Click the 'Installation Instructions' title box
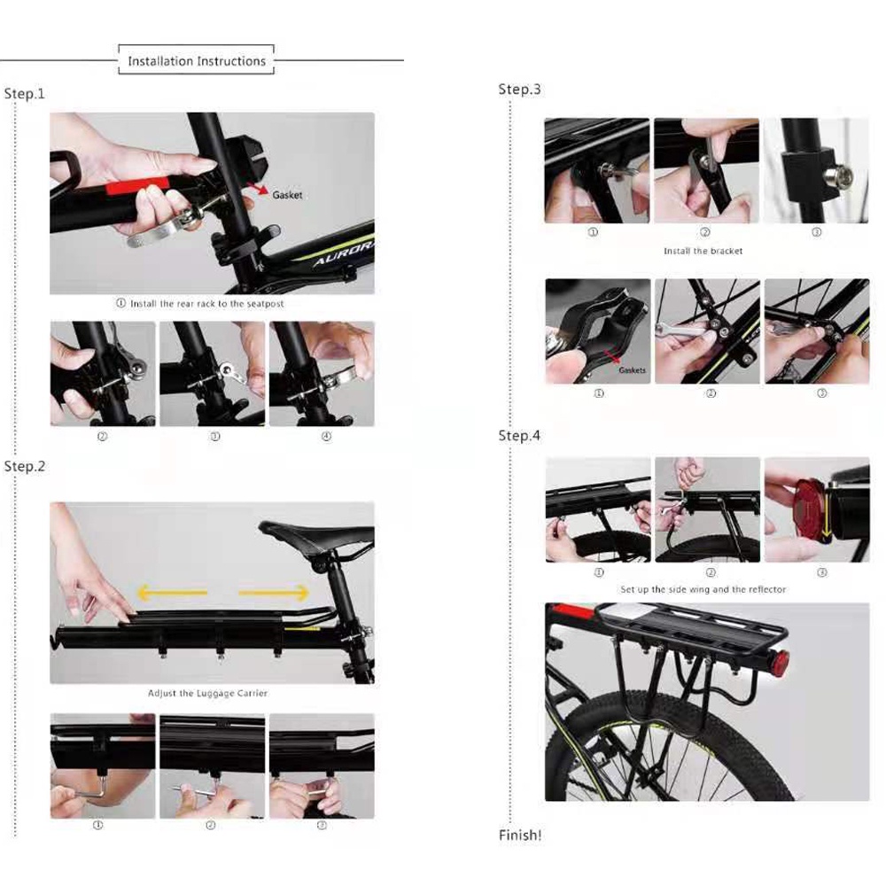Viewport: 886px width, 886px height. pyautogui.click(x=196, y=59)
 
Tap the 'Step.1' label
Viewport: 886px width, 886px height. pyautogui.click(x=24, y=94)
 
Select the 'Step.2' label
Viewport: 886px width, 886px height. pyautogui.click(x=24, y=466)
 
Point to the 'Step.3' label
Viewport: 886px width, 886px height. pyautogui.click(x=519, y=89)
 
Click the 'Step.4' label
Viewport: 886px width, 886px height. pyautogui.click(x=519, y=436)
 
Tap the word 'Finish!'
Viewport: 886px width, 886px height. pyautogui.click(x=520, y=835)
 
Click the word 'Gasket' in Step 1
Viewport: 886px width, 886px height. pyautogui.click(x=287, y=195)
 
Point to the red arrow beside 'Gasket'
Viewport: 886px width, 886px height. pyautogui.click(x=258, y=188)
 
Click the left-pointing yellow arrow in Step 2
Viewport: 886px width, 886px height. pyautogui.click(x=173, y=593)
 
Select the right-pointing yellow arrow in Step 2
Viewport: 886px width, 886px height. pyautogui.click(x=274, y=593)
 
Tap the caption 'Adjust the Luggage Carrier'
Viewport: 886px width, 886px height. pyautogui.click(x=207, y=694)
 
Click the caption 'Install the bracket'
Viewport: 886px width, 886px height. pyautogui.click(x=703, y=251)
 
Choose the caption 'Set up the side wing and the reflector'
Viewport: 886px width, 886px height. pyautogui.click(x=703, y=589)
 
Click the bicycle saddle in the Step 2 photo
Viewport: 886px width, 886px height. pyautogui.click(x=316, y=535)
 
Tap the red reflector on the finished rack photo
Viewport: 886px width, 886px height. pyautogui.click(x=781, y=661)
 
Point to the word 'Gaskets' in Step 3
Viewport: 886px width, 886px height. pyautogui.click(x=632, y=370)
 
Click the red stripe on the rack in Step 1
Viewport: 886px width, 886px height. pyautogui.click(x=137, y=185)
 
